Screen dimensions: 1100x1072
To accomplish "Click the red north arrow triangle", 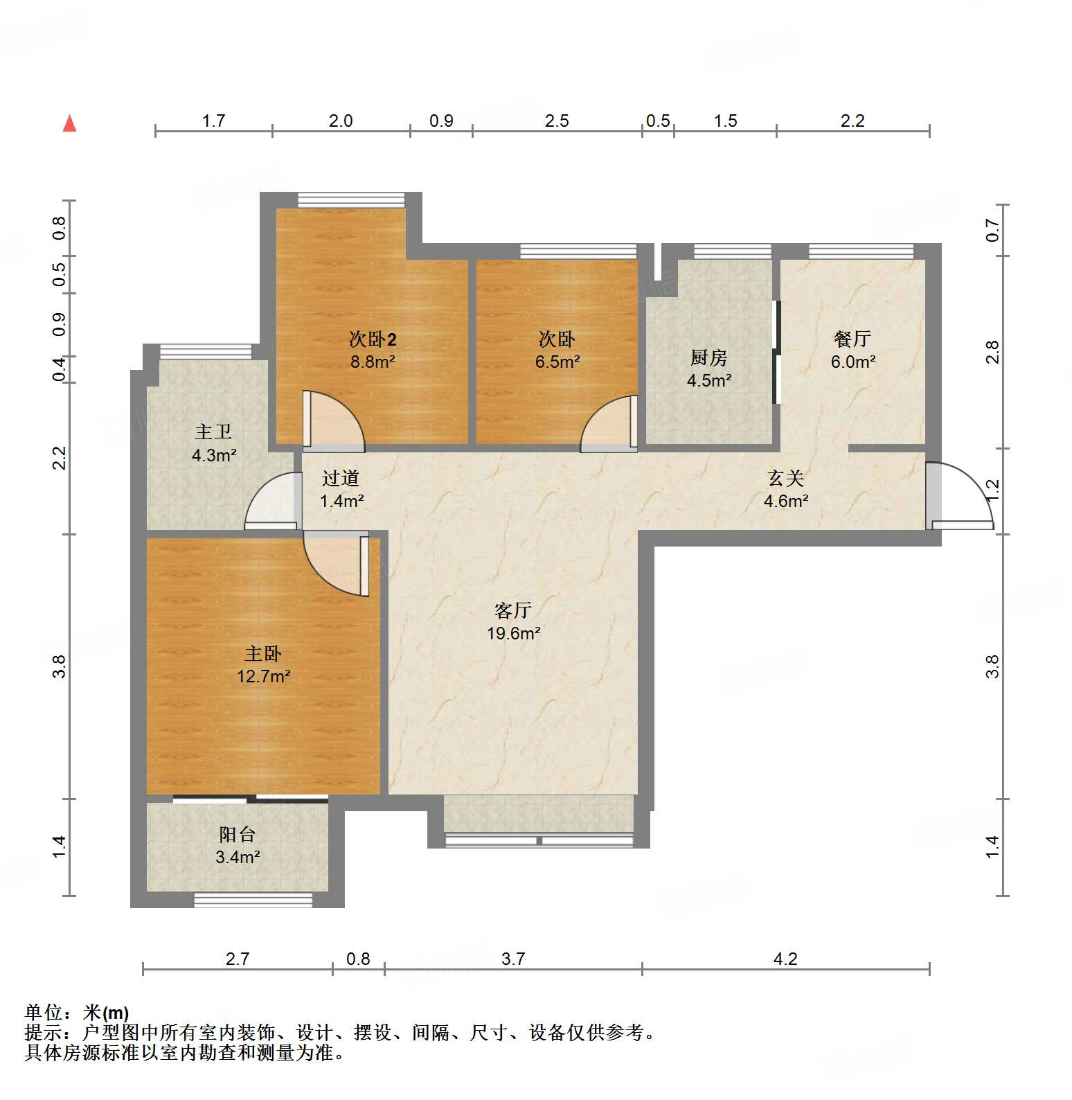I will [69, 124].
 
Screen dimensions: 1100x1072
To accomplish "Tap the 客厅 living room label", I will [512, 610].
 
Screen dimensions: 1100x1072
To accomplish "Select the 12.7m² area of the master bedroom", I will [263, 676].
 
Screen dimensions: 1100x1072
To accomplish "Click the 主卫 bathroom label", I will [213, 432].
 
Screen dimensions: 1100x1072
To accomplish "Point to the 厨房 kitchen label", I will [709, 358].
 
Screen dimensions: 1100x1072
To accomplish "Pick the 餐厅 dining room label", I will [852, 339].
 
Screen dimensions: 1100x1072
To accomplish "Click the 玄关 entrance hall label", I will [786, 478].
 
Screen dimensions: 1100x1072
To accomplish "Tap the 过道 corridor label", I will [341, 478].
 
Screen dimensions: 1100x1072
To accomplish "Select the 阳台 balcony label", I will [237, 835].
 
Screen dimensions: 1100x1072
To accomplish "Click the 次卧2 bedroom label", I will [372, 339].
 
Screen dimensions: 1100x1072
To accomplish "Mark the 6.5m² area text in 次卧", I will [557, 362].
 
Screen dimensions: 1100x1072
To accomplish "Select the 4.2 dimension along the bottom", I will [785, 959].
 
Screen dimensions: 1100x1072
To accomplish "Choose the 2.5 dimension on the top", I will [557, 121].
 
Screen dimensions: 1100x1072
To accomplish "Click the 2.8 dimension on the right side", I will [993, 352].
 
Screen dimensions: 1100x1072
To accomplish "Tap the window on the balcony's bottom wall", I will [253, 900].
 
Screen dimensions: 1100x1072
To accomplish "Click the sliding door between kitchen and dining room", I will [778, 352].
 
